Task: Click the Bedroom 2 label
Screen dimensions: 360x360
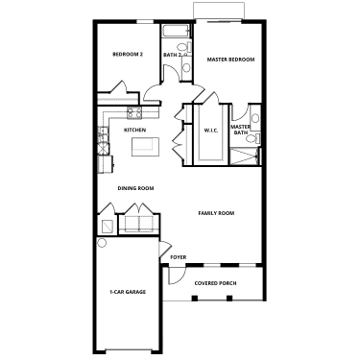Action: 128,54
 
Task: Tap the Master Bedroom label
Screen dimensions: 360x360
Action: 230,60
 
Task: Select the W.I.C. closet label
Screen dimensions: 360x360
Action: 211,131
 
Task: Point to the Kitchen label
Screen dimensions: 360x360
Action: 134,130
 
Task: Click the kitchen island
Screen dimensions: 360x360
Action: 146,147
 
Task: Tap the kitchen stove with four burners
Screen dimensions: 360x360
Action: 134,113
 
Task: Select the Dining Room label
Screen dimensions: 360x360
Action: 135,188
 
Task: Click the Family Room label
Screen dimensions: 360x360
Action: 216,213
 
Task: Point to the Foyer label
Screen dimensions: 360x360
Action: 179,257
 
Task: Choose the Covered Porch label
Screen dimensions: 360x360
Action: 216,283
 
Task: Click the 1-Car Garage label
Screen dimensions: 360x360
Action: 128,292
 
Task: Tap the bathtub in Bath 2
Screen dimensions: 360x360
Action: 177,32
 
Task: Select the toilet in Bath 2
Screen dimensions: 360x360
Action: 184,47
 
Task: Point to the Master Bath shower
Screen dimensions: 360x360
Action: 245,156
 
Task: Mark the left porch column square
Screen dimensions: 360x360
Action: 195,299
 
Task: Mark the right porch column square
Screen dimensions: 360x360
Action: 229,299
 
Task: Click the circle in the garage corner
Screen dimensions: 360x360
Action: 102,243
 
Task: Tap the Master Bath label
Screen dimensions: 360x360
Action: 241,130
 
